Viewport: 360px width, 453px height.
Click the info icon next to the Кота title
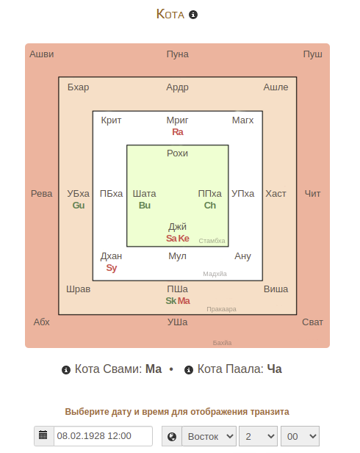(x=193, y=15)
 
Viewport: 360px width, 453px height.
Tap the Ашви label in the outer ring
(x=42, y=54)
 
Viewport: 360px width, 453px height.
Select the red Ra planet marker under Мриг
(x=178, y=132)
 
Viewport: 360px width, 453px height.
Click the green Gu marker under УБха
(x=79, y=206)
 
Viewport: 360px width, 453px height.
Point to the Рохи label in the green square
(x=177, y=153)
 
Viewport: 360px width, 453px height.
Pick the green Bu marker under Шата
(x=145, y=206)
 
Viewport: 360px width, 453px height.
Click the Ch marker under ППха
(x=210, y=206)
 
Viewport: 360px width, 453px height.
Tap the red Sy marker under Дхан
(x=112, y=268)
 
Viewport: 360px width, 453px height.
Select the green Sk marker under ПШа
(x=171, y=301)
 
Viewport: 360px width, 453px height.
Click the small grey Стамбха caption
(x=212, y=241)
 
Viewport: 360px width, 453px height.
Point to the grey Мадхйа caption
(x=215, y=274)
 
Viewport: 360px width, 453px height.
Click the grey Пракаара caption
(x=221, y=309)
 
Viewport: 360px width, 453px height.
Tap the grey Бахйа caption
(x=222, y=343)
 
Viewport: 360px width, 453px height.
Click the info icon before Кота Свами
(x=66, y=370)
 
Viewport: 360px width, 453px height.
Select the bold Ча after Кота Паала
(x=274, y=369)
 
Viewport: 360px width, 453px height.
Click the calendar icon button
(x=43, y=436)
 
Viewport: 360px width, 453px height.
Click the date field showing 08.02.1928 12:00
(x=103, y=436)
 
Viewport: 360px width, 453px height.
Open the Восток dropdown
(x=209, y=436)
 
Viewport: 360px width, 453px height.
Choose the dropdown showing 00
(x=300, y=436)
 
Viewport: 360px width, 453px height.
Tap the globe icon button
(x=172, y=436)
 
